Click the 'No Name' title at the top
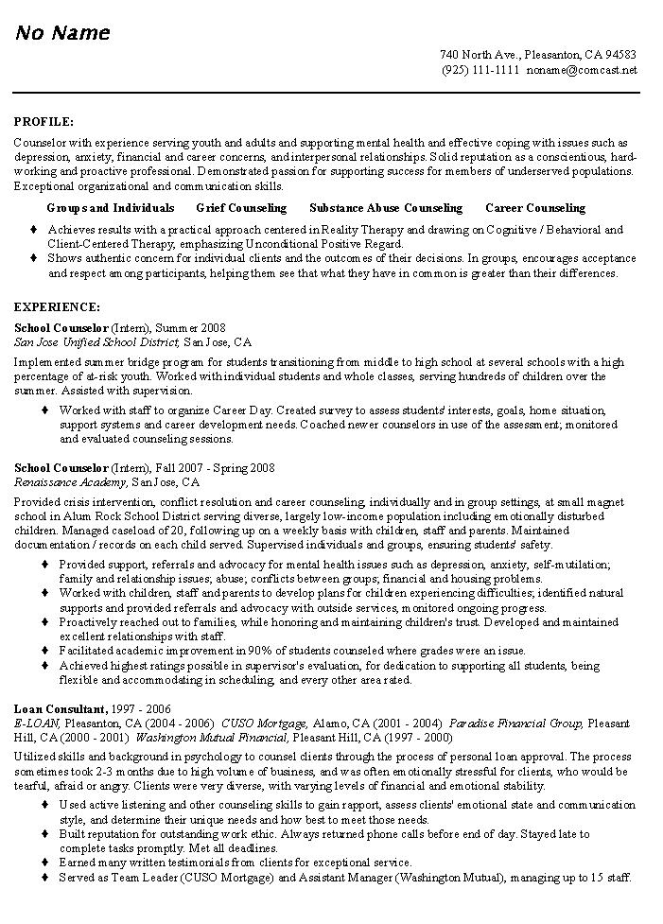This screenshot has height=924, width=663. pos(61,33)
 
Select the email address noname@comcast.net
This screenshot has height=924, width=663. pos(583,70)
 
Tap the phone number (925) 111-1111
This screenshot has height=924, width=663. pos(480,70)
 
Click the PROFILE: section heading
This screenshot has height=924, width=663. pos(44,122)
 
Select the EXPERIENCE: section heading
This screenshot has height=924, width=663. pos(58,307)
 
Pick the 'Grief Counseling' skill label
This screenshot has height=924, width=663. pos(241,208)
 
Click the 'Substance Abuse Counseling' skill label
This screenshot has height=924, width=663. pos(386,208)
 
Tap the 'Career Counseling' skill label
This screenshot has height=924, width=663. pos(535,208)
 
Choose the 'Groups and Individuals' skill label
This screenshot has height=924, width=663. pos(111,208)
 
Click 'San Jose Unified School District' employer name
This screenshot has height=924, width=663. pos(97,341)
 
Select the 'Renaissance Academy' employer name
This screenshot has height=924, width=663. pos(71,481)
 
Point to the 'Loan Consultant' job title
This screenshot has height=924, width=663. pos(59,708)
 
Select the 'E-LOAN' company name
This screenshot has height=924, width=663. pos(37,723)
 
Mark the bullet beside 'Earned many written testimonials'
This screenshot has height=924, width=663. pos(45,863)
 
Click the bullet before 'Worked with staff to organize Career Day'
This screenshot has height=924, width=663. pos(45,410)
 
